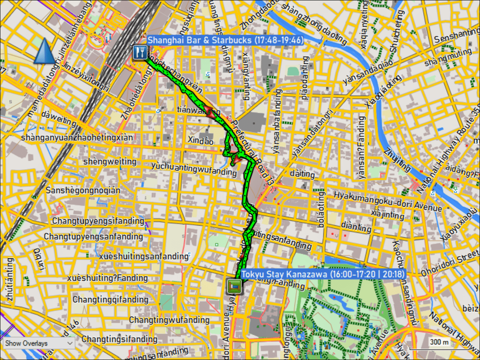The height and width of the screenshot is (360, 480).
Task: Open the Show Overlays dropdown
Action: coord(39,343)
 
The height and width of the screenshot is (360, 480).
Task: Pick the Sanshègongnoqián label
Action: coord(83,190)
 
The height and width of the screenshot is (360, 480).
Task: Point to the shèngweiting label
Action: coord(110,162)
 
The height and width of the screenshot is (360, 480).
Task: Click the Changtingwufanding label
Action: coord(169,320)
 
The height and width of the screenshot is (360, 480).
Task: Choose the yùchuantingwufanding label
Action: coord(194,169)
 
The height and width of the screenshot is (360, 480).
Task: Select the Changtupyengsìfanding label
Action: coord(98,221)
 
